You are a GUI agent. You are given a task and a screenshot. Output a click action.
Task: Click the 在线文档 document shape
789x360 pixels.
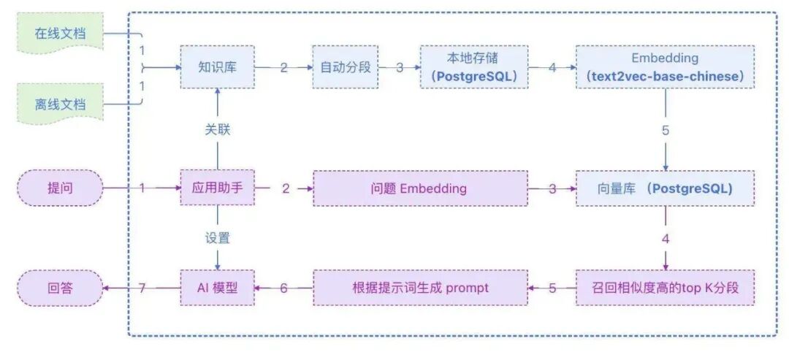click(59, 35)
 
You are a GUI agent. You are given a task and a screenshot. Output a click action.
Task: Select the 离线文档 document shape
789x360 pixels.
click(59, 104)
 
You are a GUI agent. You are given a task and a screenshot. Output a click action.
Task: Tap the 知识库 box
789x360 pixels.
click(216, 67)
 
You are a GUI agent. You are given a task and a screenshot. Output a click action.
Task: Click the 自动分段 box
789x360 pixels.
click(346, 67)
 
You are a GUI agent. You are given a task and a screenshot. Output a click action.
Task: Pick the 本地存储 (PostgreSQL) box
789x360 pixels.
click(473, 67)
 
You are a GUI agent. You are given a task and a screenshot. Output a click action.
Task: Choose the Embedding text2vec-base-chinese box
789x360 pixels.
click(664, 67)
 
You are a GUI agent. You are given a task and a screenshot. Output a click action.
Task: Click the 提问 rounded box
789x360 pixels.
click(59, 188)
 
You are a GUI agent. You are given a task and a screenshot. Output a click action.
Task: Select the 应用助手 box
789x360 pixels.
click(216, 188)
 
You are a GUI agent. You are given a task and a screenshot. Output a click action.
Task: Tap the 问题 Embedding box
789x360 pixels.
click(419, 188)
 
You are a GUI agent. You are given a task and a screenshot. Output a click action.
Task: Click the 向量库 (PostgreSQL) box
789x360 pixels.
click(664, 188)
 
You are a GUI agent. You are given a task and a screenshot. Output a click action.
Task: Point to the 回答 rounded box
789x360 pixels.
click(59, 288)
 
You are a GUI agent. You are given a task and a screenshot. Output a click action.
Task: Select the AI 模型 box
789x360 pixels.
click(216, 288)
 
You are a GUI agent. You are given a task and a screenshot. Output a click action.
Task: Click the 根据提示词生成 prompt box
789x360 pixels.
click(419, 288)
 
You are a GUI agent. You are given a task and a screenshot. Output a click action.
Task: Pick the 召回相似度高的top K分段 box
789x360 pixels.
click(664, 288)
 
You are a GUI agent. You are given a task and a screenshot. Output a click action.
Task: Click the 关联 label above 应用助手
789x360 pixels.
click(216, 130)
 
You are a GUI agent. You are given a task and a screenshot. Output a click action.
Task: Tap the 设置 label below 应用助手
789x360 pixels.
click(216, 238)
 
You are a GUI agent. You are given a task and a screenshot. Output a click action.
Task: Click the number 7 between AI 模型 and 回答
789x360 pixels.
click(142, 288)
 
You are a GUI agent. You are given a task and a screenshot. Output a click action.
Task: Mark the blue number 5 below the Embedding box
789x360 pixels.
click(665, 131)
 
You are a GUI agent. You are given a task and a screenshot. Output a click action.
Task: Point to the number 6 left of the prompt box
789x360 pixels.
click(283, 288)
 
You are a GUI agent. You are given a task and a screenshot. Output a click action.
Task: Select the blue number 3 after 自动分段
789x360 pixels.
click(400, 67)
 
